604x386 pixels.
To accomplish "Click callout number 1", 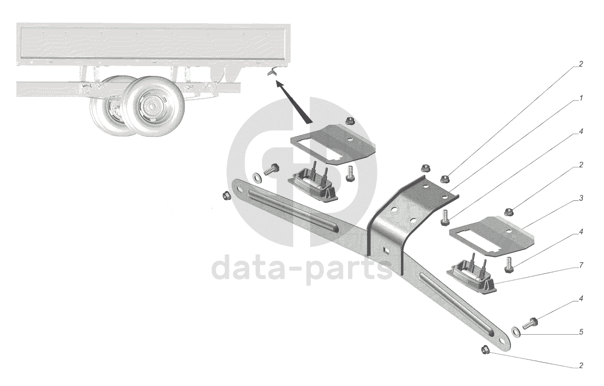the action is coord(581,98).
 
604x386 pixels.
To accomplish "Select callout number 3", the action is coord(581,198).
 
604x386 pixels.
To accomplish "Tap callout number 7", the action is coord(581,265).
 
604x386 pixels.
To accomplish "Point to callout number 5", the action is coord(581,332).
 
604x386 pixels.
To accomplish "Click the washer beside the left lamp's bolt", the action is coord(256,177).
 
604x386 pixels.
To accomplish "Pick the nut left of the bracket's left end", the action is coord(227,196).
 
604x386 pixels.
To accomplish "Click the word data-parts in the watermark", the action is coord(302,269).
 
